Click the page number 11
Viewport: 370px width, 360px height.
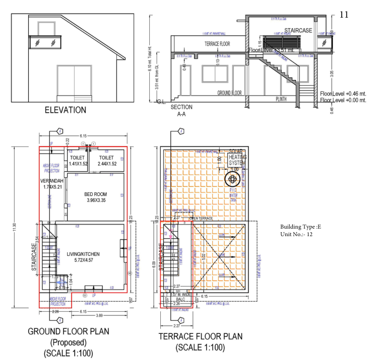(x=345, y=14)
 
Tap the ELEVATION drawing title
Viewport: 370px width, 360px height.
(x=66, y=110)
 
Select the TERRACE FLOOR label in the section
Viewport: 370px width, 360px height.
(x=217, y=44)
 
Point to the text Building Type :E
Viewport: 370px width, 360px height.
(x=300, y=227)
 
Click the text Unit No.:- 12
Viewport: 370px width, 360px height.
(x=298, y=235)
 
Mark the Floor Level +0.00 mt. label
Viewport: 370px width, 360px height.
(x=343, y=101)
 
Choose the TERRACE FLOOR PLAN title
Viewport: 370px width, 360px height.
(x=201, y=336)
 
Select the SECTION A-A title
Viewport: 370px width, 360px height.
(x=181, y=111)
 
